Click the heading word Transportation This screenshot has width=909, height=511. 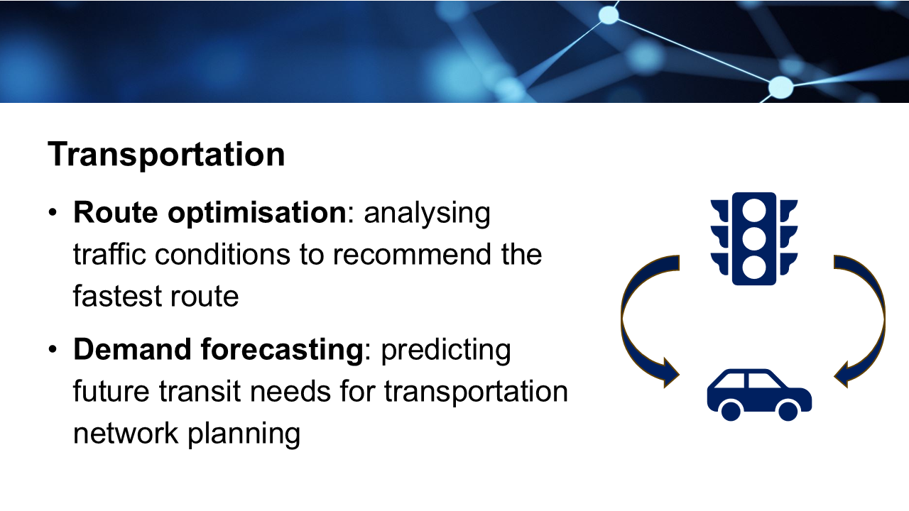[x=166, y=155]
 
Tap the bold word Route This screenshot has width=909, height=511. [x=116, y=212]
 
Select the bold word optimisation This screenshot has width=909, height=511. [x=257, y=214]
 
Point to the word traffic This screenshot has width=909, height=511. [x=109, y=254]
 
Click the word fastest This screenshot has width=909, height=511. [x=117, y=296]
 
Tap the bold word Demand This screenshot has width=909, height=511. [x=132, y=350]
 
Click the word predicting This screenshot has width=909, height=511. [x=445, y=351]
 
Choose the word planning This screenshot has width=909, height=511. [x=244, y=434]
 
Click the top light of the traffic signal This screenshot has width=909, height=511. [x=754, y=211]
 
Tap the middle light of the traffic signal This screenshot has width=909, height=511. [x=754, y=239]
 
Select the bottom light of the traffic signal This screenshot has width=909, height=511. [x=754, y=268]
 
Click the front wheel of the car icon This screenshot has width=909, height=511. [x=788, y=411]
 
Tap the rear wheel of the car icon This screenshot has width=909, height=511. [x=731, y=411]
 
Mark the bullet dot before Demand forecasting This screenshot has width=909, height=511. [x=53, y=349]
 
